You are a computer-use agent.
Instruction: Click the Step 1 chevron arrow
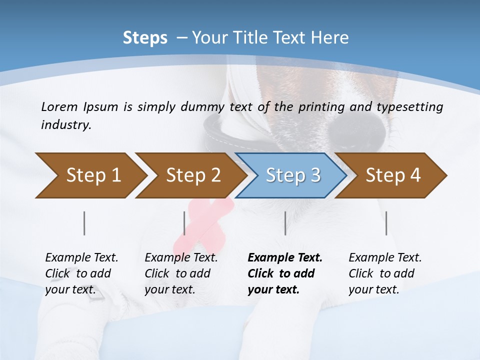[92, 175]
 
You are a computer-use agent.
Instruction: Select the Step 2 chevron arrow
[192, 175]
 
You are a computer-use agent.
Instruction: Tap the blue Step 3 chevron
[292, 175]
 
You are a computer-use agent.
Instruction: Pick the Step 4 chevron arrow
[392, 175]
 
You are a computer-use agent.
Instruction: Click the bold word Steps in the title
[145, 38]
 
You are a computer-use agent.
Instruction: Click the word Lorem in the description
[59, 107]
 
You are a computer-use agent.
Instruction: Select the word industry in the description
[66, 125]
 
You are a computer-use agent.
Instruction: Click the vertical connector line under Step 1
[84, 223]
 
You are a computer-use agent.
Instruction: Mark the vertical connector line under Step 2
[184, 223]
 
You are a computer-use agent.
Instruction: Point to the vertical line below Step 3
[285, 223]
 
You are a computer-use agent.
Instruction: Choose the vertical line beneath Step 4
[386, 223]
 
